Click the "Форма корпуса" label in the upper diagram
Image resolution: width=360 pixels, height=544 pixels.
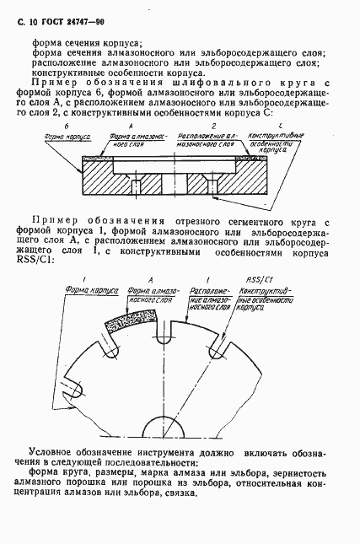pos(61,134)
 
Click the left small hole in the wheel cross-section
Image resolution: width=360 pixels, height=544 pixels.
pos(134,186)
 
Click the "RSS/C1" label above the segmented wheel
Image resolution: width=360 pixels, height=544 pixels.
pos(250,277)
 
